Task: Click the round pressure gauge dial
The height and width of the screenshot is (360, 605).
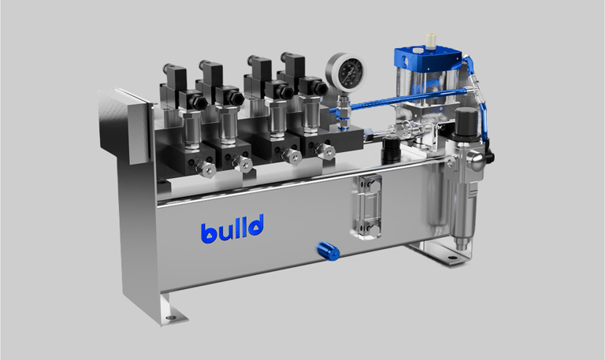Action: point(345,71)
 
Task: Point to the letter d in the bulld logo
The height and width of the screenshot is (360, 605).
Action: point(255,226)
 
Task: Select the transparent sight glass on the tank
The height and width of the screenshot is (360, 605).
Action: point(366,207)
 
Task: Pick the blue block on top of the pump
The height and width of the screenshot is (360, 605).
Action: point(427,59)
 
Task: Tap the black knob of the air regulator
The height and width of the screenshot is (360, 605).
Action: point(467,122)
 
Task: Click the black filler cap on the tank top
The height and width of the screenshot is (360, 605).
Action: point(391,150)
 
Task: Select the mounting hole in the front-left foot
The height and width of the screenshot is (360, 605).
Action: point(170,318)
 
